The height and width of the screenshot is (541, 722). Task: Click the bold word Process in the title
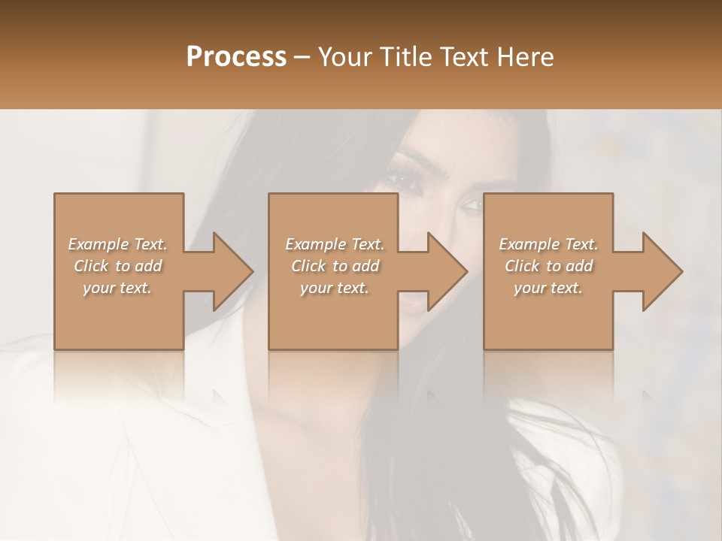click(x=236, y=57)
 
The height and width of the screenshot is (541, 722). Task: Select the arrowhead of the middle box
click(x=448, y=271)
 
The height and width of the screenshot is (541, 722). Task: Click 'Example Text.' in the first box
click(x=117, y=244)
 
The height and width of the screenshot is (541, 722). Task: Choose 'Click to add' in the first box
click(x=117, y=266)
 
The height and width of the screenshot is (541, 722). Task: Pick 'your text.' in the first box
click(x=117, y=288)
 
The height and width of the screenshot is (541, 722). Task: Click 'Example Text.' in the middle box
click(x=335, y=244)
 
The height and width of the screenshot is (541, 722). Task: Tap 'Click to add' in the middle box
click(x=335, y=266)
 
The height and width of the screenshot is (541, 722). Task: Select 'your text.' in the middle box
click(x=335, y=288)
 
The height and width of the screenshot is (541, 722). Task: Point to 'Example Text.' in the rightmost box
click(x=548, y=244)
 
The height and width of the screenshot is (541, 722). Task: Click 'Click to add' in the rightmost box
click(x=548, y=266)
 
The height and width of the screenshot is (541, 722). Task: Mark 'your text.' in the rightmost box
click(x=548, y=288)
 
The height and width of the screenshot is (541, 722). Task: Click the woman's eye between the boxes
click(x=471, y=204)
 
